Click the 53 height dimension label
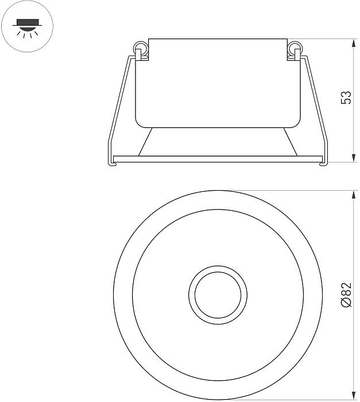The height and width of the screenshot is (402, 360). [346, 98]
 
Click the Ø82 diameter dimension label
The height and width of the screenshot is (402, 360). [346, 295]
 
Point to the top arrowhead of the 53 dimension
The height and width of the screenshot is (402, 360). [354, 43]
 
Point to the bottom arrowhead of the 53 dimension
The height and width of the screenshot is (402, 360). [354, 158]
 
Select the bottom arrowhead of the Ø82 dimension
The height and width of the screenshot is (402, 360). [354, 396]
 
